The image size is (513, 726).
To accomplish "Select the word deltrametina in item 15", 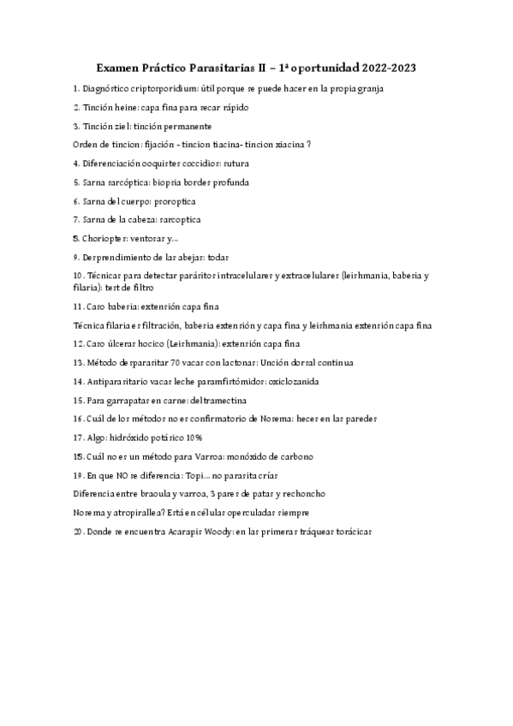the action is tap(212, 400).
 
